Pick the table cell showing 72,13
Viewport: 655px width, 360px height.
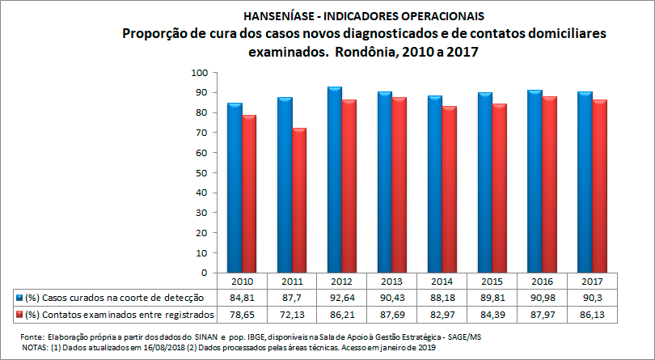pos(293,314)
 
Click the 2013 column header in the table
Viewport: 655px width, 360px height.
pos(391,282)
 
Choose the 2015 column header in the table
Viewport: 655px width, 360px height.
pos(491,282)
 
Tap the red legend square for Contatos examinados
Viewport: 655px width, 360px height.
pos(19,314)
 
